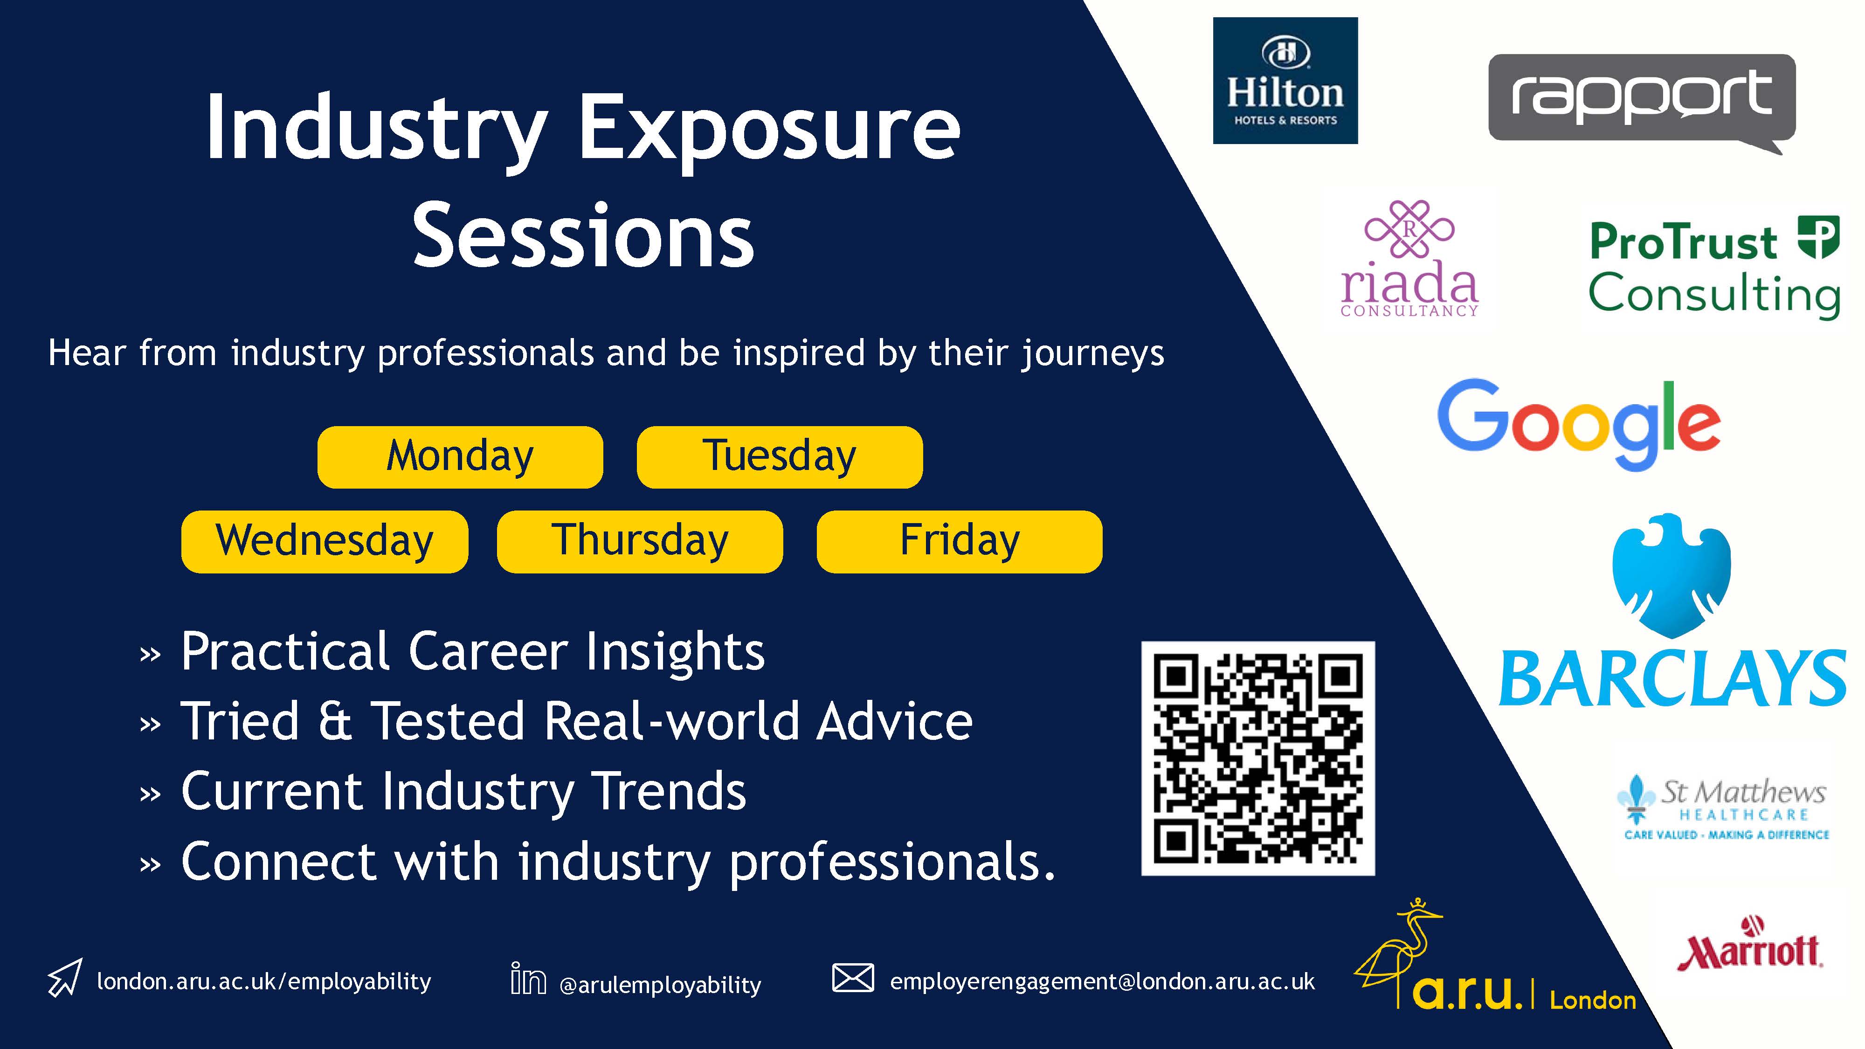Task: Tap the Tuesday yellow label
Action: tap(780, 457)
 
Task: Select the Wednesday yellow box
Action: tap(325, 541)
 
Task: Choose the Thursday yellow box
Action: tap(640, 541)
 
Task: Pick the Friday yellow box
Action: tap(959, 541)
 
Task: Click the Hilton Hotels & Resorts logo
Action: tap(1285, 80)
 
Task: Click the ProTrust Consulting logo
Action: tap(1713, 268)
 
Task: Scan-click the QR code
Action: tap(1257, 758)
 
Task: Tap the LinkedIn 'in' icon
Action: tap(528, 978)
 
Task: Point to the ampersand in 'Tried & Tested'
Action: tap(334, 722)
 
